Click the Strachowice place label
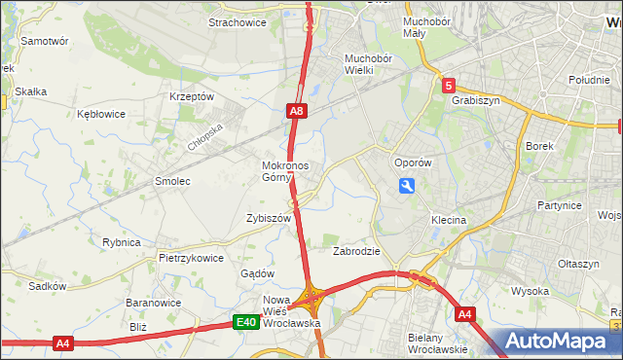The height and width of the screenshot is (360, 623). pyautogui.click(x=238, y=22)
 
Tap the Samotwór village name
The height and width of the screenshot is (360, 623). pyautogui.click(x=45, y=42)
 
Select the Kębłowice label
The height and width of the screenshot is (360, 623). pyautogui.click(x=101, y=114)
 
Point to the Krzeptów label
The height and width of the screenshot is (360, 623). pyautogui.click(x=191, y=96)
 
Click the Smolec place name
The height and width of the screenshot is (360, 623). pyautogui.click(x=172, y=181)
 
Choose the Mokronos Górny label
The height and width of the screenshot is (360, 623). pyautogui.click(x=285, y=171)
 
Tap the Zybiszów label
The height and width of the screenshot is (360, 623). pyautogui.click(x=270, y=219)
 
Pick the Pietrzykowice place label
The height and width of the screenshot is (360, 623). pyautogui.click(x=191, y=258)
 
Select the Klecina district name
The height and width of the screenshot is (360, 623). pyautogui.click(x=450, y=220)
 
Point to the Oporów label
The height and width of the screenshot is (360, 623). pyautogui.click(x=411, y=162)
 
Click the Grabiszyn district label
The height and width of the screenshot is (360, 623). pyautogui.click(x=476, y=99)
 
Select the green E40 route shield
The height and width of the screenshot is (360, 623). pyautogui.click(x=246, y=323)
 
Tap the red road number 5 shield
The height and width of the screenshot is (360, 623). pyautogui.click(x=448, y=86)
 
